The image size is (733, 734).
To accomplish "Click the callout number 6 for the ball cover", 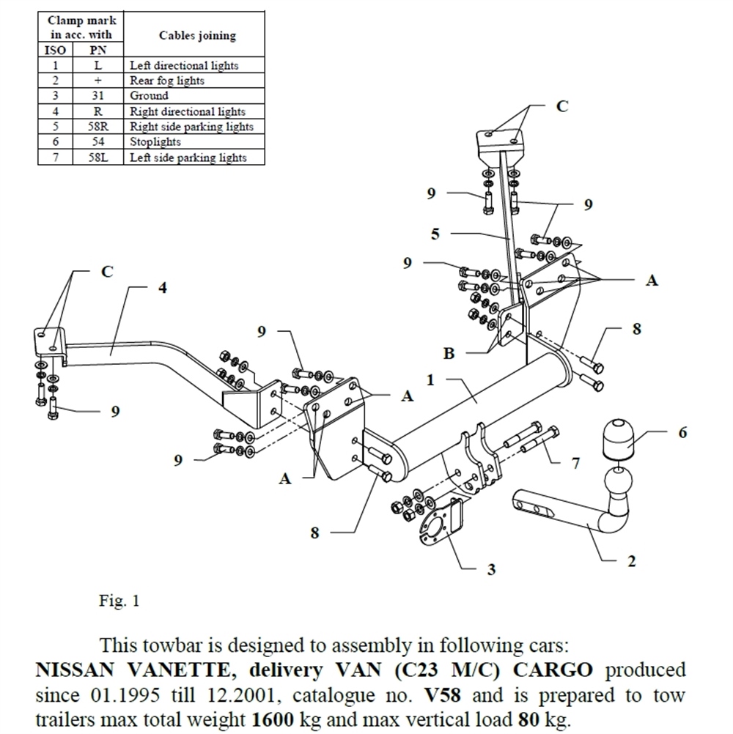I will click(x=682, y=433).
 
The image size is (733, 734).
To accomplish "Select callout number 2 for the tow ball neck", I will click(x=631, y=562).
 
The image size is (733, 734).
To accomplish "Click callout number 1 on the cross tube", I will click(x=430, y=380).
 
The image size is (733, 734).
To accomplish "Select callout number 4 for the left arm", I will click(x=162, y=288).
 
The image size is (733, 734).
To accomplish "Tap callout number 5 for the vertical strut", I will click(x=435, y=234).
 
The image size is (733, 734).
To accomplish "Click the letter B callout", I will click(x=449, y=353).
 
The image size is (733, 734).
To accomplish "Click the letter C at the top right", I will click(x=561, y=106).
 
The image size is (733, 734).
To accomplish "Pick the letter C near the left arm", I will click(x=107, y=272).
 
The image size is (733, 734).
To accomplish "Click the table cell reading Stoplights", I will click(x=155, y=142).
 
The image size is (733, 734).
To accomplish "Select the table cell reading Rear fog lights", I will click(x=166, y=81).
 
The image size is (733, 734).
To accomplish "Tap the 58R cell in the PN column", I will click(x=97, y=127).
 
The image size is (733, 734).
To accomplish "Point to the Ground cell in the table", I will click(x=149, y=96).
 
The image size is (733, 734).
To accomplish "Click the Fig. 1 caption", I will click(x=119, y=602).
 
